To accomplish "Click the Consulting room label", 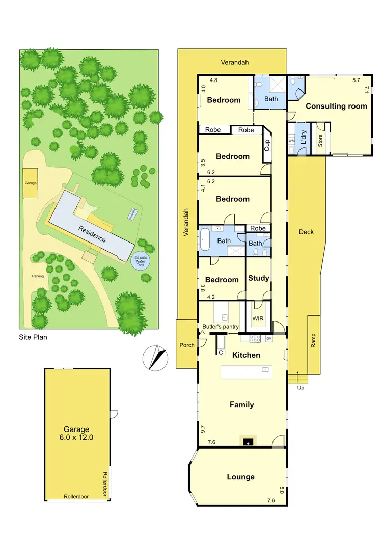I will coord(336,106).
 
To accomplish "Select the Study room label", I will coord(258,278).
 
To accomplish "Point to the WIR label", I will coord(258,319).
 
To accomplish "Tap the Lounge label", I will coord(241,477).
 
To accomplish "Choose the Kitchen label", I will coord(246,355).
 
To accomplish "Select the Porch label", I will coord(187,345).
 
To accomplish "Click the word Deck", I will coord(306,232).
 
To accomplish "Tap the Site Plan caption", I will coord(33,337).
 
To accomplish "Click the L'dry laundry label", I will coord(303,139).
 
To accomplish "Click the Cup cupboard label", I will coord(267,146).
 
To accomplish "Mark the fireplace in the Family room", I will coord(248,441).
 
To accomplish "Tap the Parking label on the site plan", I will coord(38,276).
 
